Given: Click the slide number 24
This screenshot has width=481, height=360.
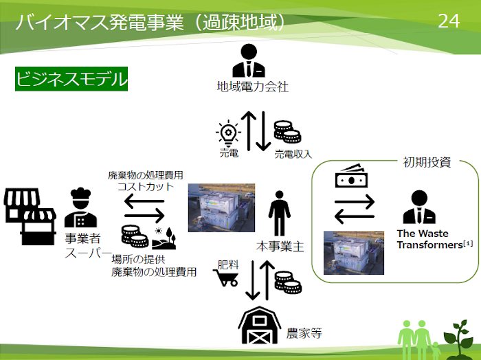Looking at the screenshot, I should click(x=448, y=21).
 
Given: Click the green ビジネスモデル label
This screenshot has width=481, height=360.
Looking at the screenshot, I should click(x=71, y=79).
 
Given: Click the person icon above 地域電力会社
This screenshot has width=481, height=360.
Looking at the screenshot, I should click(x=247, y=60).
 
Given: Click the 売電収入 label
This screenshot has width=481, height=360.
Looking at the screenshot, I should click(x=293, y=154).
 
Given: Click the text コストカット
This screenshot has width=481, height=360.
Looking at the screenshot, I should click(x=146, y=187).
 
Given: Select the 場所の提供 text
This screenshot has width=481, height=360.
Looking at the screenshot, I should click(x=140, y=260).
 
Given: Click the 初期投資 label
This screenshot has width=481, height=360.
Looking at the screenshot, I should click(x=426, y=162).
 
